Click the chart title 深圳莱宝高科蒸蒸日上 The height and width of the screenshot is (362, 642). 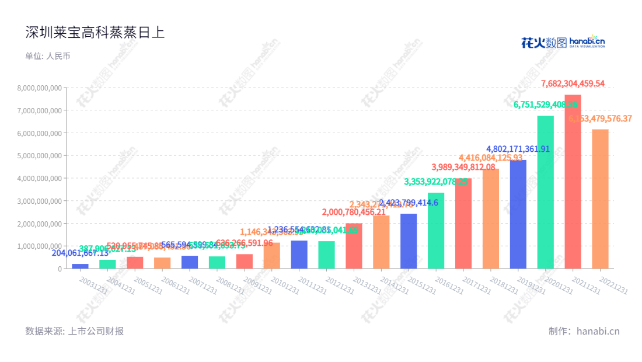(95, 33)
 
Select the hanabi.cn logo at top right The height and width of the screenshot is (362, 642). (563, 41)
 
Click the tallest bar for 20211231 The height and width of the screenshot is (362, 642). (573, 182)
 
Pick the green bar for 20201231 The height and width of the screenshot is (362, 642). (545, 192)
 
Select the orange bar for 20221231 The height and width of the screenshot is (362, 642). (600, 199)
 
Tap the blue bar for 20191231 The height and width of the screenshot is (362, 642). (518, 214)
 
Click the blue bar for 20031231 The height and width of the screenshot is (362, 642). (80, 266)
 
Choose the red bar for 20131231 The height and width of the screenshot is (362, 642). (354, 246)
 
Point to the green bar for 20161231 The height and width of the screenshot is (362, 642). (436, 231)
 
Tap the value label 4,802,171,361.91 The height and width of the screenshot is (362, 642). (518, 149)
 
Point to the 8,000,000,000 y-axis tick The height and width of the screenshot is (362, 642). (39, 88)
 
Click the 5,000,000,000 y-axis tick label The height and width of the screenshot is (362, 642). (39, 155)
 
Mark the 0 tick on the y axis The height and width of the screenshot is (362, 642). (59, 269)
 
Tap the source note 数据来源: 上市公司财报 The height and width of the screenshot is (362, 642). (75, 331)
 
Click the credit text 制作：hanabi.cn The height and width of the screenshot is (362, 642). (584, 331)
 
